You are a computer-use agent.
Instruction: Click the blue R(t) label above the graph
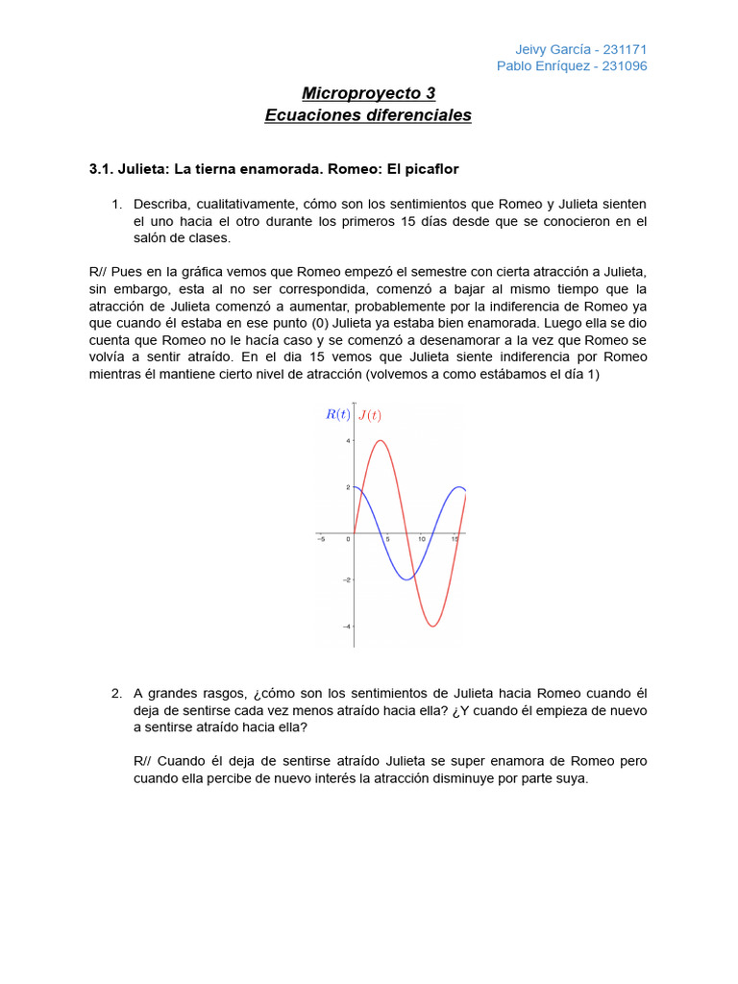point(337,415)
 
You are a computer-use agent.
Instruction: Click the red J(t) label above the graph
point(369,415)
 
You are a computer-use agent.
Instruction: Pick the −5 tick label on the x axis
point(320,540)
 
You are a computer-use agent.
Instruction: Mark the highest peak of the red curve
point(381,441)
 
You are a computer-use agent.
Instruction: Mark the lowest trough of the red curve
point(433,627)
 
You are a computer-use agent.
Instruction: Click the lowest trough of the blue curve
point(407,579)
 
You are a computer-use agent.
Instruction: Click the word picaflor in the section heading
point(430,169)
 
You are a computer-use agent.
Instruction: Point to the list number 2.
point(116,693)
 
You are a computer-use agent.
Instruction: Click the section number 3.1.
point(101,169)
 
